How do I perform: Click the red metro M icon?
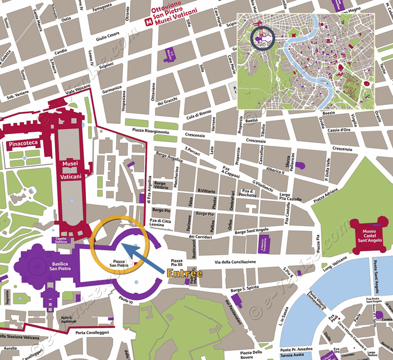[149, 22]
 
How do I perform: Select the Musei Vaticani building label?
[71, 169]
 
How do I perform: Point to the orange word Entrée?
[185, 274]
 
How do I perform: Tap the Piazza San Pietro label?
[125, 264]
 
